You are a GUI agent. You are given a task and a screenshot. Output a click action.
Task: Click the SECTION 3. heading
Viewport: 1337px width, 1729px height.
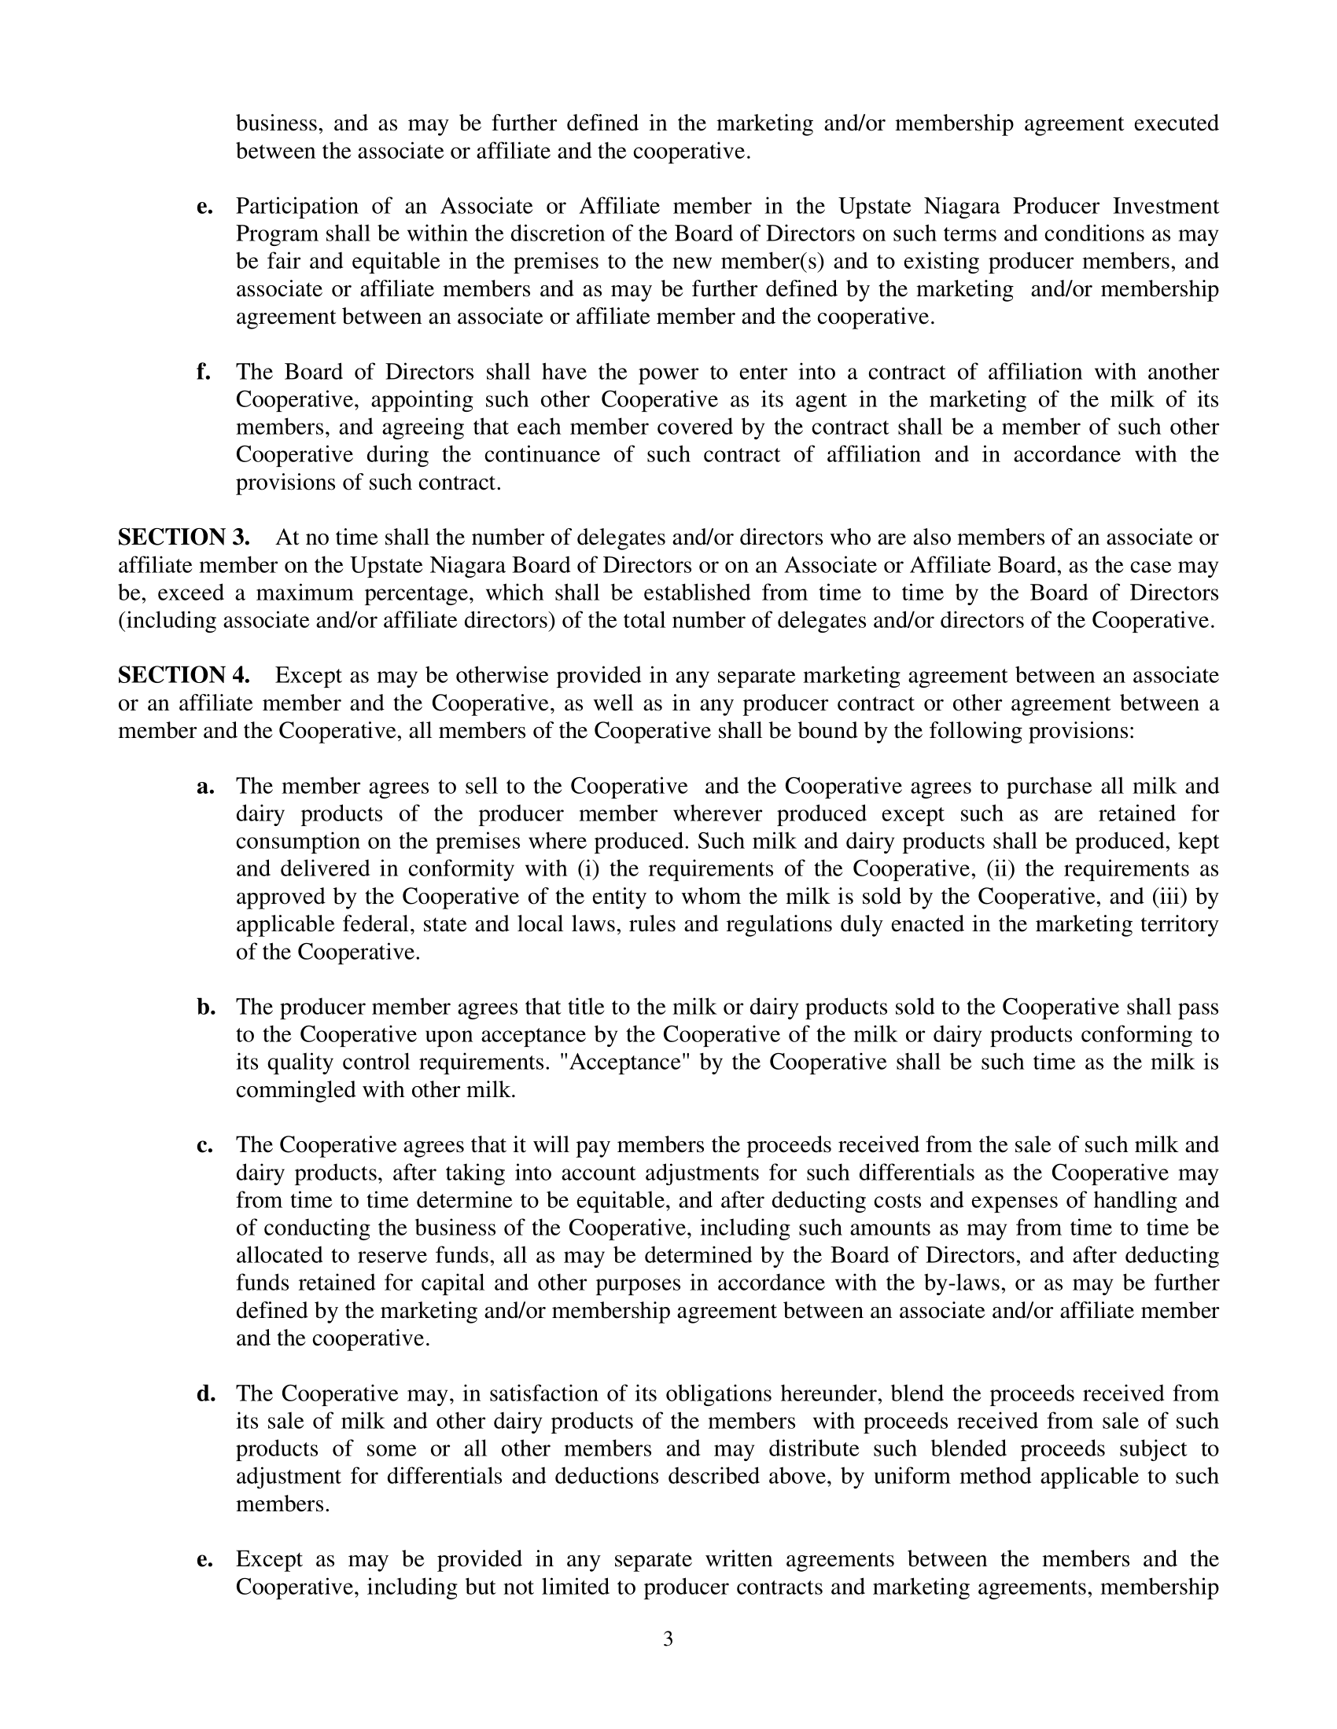[x=184, y=538]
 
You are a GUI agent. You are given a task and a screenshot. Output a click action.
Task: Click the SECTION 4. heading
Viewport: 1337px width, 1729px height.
[x=184, y=675]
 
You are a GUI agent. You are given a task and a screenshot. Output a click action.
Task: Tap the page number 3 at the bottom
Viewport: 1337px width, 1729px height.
[x=668, y=1639]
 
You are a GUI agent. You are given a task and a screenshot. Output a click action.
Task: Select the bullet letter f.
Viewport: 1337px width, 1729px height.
[x=204, y=372]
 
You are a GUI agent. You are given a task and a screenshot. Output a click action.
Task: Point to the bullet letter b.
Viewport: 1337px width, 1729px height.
[x=206, y=1007]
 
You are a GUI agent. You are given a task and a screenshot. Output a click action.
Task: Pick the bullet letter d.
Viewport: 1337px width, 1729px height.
[x=206, y=1393]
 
